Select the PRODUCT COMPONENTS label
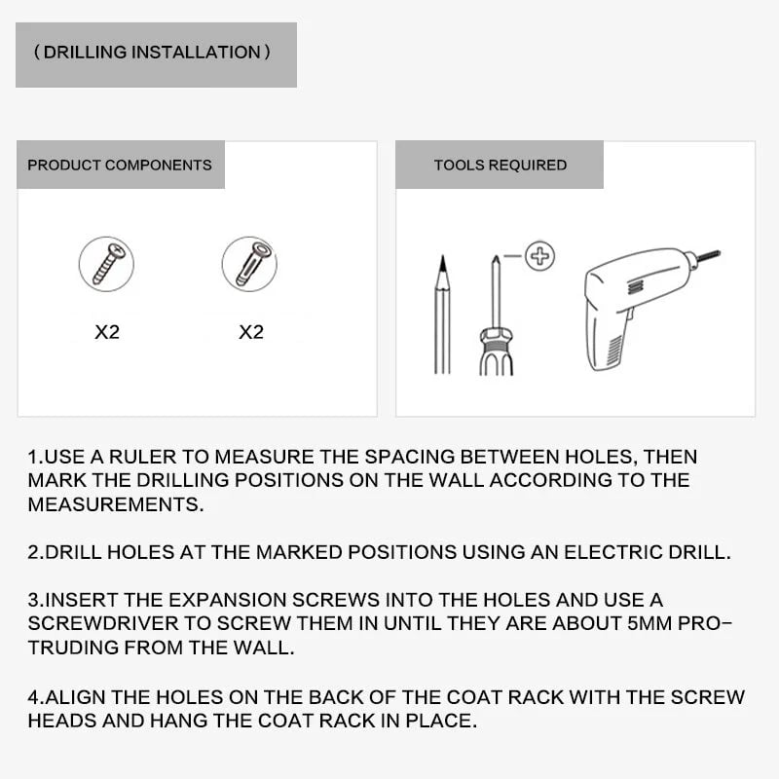click(x=119, y=165)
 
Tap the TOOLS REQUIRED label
click(x=500, y=165)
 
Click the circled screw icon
click(x=106, y=264)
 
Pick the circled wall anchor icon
click(x=249, y=264)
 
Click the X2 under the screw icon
click(x=107, y=332)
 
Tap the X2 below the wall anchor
click(x=251, y=332)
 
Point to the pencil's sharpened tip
click(x=442, y=264)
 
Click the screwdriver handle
click(x=496, y=352)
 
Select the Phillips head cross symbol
click(x=539, y=257)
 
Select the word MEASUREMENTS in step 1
click(x=115, y=505)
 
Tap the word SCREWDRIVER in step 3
click(x=98, y=624)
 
